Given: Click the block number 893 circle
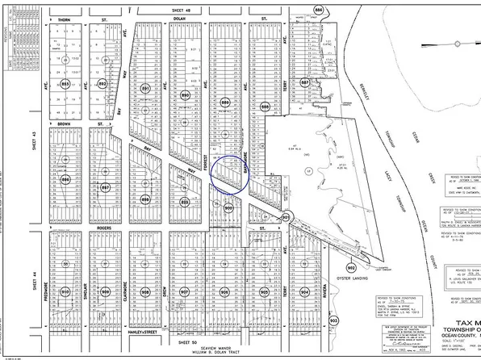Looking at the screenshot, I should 64,83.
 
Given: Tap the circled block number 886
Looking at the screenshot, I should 318,9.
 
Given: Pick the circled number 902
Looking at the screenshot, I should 351,266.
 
